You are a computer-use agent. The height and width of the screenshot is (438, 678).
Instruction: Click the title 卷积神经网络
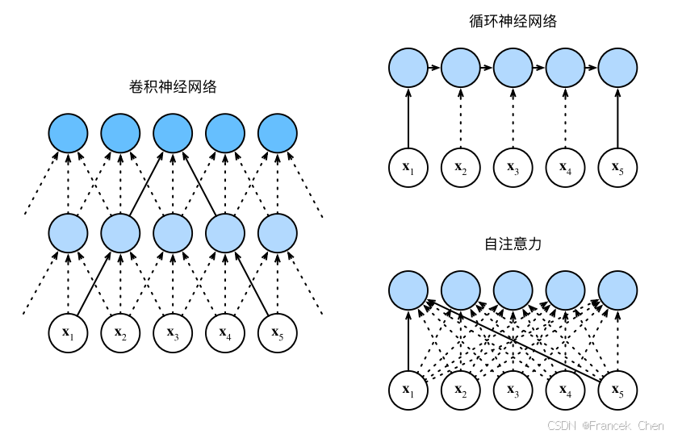[173, 86]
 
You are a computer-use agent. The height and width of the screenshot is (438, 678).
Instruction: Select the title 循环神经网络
[513, 22]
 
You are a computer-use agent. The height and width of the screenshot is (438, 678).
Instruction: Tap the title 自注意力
[513, 243]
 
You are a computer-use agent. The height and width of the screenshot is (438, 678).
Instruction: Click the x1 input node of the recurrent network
[408, 168]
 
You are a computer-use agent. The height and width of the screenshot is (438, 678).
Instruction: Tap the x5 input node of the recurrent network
[617, 168]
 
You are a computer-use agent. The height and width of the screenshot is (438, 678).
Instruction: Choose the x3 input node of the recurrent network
[513, 168]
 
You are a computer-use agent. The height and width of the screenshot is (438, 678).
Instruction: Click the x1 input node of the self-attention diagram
[408, 390]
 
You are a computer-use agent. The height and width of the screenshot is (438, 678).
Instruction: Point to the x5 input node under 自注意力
[617, 390]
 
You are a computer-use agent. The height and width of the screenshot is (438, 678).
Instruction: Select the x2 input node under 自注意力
[460, 390]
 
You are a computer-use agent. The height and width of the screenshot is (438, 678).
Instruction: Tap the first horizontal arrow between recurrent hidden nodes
[434, 68]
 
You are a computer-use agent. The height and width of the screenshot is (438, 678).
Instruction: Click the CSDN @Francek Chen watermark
[605, 425]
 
